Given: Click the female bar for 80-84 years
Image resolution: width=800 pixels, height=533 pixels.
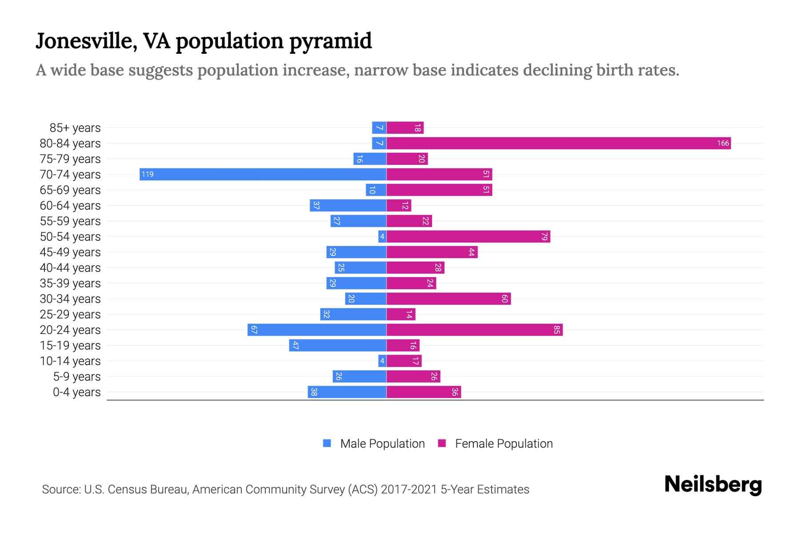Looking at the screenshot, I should tap(558, 143).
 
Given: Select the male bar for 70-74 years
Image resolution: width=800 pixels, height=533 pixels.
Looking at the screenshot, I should tap(263, 174).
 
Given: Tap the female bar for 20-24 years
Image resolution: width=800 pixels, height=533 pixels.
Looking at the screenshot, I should tap(474, 330).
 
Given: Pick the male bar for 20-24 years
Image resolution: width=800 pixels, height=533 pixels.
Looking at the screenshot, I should tap(317, 330).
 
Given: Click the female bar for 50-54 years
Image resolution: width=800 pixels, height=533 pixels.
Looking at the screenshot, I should tap(468, 236).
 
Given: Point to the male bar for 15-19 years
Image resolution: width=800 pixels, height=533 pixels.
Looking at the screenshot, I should tap(338, 345).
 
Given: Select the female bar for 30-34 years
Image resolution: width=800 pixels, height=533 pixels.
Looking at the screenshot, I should tap(448, 298).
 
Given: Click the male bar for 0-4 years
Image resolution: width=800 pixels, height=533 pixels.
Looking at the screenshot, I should tap(347, 392).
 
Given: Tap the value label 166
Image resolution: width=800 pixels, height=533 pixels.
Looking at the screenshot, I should tap(723, 143).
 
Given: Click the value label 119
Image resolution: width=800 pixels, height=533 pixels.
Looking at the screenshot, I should tap(148, 174).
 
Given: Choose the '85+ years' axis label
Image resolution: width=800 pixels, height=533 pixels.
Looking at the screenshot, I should tap(75, 128).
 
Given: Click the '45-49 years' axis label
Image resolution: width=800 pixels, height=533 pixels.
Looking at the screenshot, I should tap(70, 252).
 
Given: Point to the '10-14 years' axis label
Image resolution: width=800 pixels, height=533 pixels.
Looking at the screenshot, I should tap(70, 361).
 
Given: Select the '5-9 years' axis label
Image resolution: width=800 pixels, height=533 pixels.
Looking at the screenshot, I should tap(77, 377).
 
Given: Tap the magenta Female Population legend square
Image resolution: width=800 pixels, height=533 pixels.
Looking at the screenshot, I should tap(442, 443).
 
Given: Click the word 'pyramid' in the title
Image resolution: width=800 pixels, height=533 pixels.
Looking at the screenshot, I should tap(331, 41).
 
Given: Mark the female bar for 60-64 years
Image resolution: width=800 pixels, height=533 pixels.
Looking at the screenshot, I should tap(399, 205).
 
